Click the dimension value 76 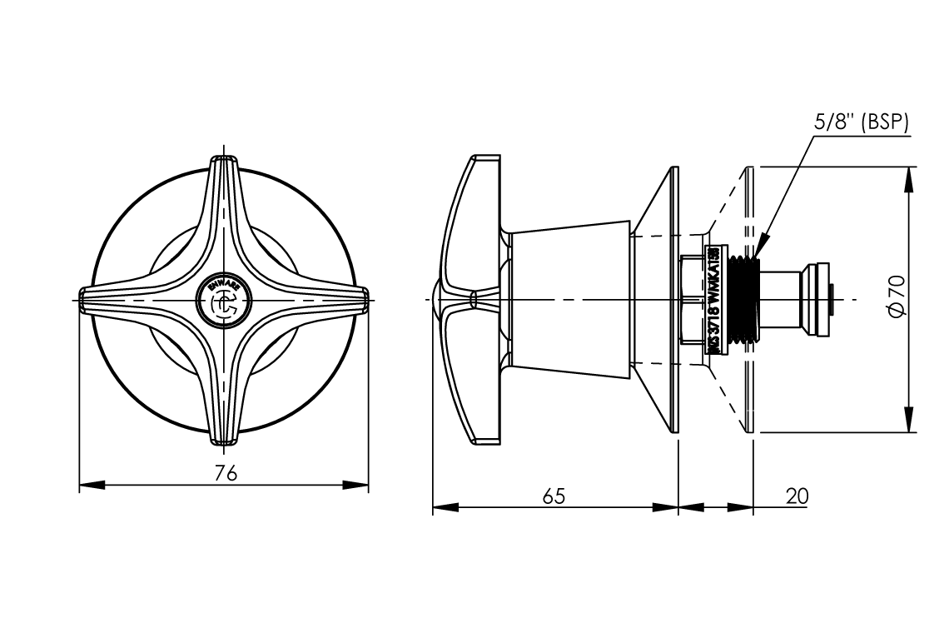226,472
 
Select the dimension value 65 554,496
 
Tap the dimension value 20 797,496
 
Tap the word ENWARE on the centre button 224,286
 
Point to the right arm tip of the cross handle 364,299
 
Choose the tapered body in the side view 570,298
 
